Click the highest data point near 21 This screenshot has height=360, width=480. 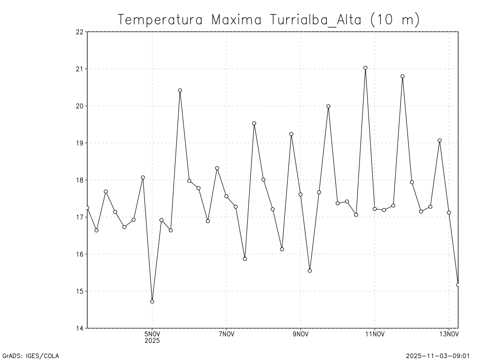[365, 68]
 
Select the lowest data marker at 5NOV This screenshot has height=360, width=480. [152, 301]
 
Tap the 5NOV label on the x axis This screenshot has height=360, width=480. [152, 335]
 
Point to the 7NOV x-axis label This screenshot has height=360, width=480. [226, 335]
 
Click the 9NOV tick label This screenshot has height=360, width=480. [300, 335]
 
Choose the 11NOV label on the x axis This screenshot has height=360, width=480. [375, 335]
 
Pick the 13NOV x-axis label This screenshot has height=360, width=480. [449, 335]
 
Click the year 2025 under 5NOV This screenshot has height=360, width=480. [152, 341]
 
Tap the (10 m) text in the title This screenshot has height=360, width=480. [394, 20]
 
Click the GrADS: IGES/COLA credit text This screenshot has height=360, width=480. [31, 355]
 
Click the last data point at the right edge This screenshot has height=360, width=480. [458, 285]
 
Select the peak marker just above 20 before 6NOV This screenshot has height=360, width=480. [180, 90]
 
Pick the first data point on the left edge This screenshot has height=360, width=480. [87, 208]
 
